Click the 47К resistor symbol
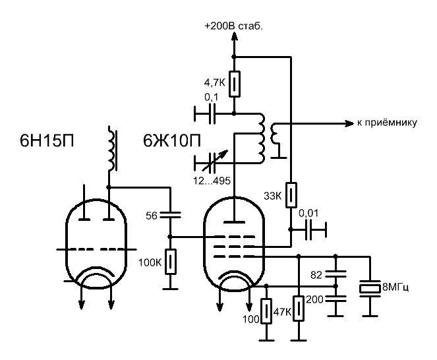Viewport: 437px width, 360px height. point(299,309)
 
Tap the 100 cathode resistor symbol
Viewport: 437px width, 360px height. point(266,310)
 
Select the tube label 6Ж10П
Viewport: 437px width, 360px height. point(171,142)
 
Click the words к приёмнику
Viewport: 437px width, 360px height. point(387,123)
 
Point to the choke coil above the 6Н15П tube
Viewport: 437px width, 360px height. point(113,150)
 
